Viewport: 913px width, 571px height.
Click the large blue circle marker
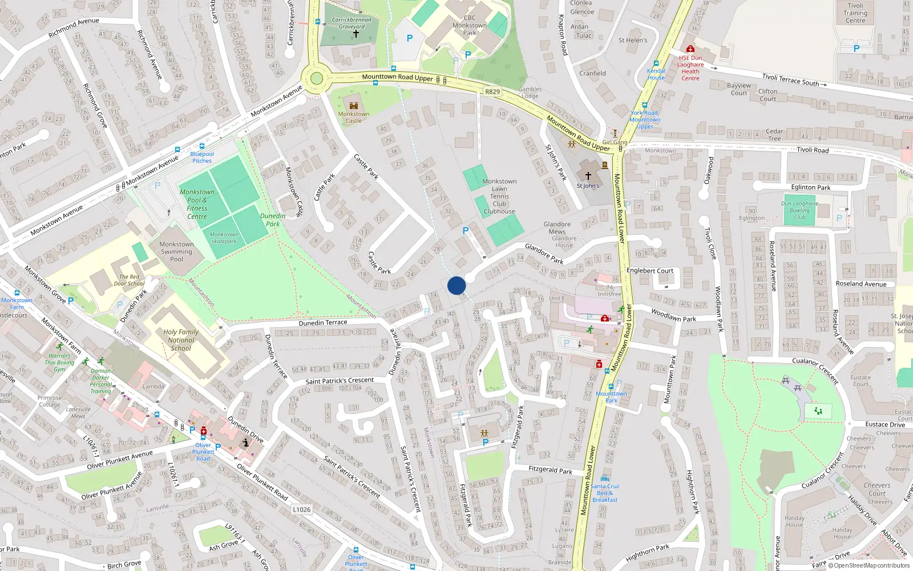tap(457, 285)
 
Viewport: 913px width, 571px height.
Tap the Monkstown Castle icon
tap(354, 105)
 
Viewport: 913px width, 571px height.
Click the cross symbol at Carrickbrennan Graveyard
tap(355, 34)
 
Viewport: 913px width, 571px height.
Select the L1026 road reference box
tap(301, 509)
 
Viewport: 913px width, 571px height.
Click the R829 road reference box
tap(492, 91)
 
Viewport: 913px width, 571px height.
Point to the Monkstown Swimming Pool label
tap(176, 251)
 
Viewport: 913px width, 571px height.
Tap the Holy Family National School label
tap(181, 340)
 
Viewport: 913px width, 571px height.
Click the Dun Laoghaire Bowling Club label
tap(799, 210)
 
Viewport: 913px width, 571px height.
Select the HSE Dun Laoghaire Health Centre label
tap(690, 68)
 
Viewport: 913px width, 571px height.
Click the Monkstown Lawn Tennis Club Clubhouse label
tap(499, 196)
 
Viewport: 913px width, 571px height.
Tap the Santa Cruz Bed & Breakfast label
tap(605, 493)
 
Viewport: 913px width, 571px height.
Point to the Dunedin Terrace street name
tap(323, 323)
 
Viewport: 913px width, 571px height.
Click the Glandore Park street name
tap(544, 253)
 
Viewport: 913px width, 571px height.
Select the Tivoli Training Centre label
tap(855, 13)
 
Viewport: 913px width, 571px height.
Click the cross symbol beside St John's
tap(588, 176)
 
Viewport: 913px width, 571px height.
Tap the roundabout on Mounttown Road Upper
tap(317, 79)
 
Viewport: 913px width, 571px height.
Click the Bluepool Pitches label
tap(202, 157)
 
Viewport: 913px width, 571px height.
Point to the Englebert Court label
tap(650, 271)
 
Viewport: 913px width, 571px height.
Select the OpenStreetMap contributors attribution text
tap(868, 565)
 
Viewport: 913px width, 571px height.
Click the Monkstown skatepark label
tap(224, 238)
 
